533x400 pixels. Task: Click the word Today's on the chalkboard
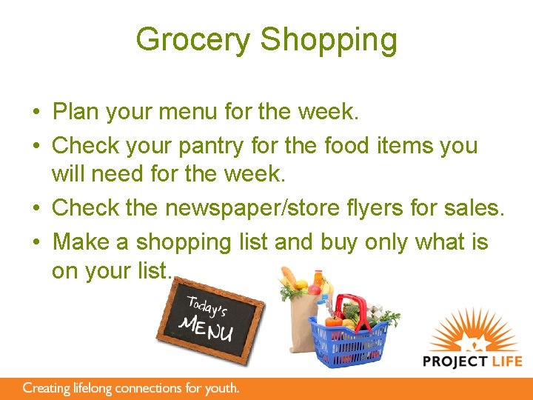coord(209,306)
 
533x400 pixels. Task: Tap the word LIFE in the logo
coord(506,361)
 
